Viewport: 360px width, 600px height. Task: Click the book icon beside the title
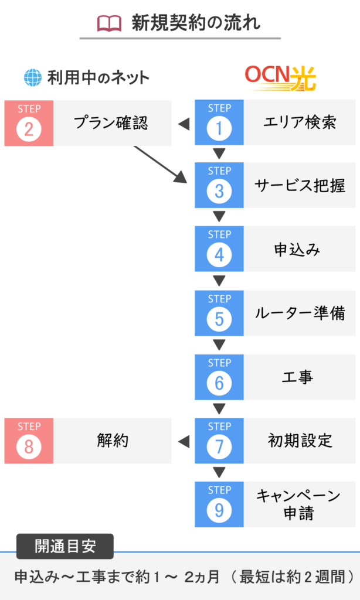point(109,23)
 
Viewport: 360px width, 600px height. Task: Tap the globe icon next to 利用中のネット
point(33,78)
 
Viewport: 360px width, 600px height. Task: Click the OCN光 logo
point(281,79)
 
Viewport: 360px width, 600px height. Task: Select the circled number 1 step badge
point(219,128)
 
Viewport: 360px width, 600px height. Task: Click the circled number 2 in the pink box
point(29,129)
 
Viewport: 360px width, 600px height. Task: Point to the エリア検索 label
point(300,122)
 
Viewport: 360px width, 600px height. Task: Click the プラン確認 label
point(111,123)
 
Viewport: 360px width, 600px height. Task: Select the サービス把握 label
point(300,186)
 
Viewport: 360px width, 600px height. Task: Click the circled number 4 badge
point(219,255)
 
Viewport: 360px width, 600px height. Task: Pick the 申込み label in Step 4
point(297,250)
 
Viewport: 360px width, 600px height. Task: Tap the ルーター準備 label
point(300,313)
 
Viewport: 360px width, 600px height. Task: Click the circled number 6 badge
point(219,383)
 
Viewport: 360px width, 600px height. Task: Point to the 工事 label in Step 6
point(298,377)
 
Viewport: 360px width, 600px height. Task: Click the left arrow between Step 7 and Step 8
point(184,442)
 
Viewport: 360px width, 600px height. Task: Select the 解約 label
point(112,441)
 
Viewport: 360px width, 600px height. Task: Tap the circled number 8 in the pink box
point(29,446)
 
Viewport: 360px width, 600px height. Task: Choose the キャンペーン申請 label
point(298,504)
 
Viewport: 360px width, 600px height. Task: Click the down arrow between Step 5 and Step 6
point(219,345)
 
